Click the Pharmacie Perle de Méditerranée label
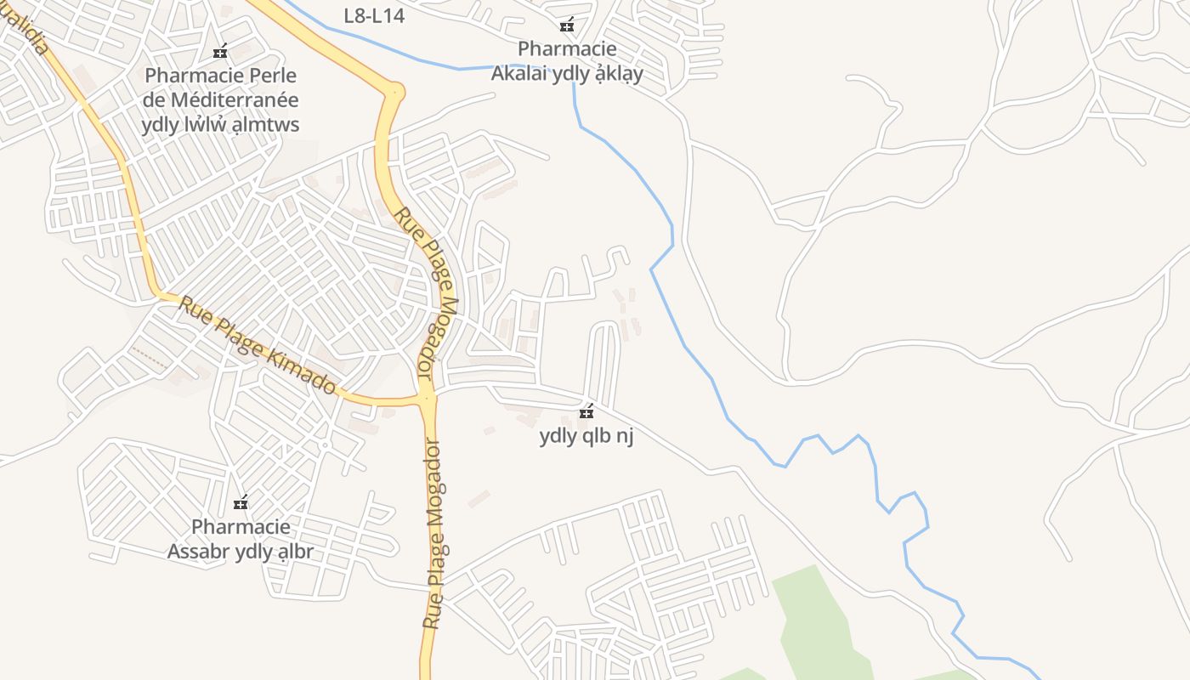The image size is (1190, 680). [x=222, y=99]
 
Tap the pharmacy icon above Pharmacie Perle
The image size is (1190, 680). [x=220, y=52]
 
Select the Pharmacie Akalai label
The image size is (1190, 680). [x=567, y=61]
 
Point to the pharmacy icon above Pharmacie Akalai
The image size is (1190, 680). [x=567, y=25]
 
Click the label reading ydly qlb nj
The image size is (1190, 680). [x=586, y=436]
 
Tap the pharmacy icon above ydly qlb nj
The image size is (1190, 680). [x=586, y=412]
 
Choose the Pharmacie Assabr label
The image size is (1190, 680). [x=241, y=539]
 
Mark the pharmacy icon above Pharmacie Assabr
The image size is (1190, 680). [x=241, y=502]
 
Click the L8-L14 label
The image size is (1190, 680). [x=374, y=15]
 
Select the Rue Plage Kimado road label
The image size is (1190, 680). [x=257, y=344]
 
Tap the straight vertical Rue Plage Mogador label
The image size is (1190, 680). [x=435, y=534]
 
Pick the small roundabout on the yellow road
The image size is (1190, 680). [x=394, y=90]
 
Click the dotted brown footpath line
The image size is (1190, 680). [x=150, y=359]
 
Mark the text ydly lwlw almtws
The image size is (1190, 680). [x=220, y=125]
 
